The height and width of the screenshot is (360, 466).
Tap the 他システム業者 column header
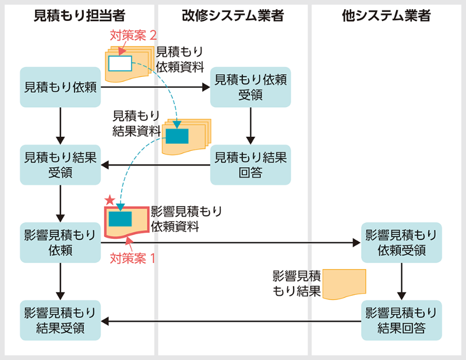tap(386, 16)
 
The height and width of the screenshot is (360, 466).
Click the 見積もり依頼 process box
tap(61, 87)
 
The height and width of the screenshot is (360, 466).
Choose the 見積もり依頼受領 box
tap(250, 87)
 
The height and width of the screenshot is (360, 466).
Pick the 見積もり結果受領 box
tap(61, 164)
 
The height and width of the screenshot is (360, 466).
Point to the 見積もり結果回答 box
tap(250, 164)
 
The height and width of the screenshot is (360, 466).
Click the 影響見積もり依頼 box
tap(61, 242)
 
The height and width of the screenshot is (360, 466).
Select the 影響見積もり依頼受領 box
tap(401, 242)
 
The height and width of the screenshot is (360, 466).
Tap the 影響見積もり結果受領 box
tap(61, 320)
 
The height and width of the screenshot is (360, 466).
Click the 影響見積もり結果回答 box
tap(401, 320)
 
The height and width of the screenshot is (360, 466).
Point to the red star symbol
tap(109, 200)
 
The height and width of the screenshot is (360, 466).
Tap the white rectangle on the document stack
tap(121, 62)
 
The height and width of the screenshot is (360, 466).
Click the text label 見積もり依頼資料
tap(180, 59)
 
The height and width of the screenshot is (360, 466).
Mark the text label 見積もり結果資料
tap(136, 123)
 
